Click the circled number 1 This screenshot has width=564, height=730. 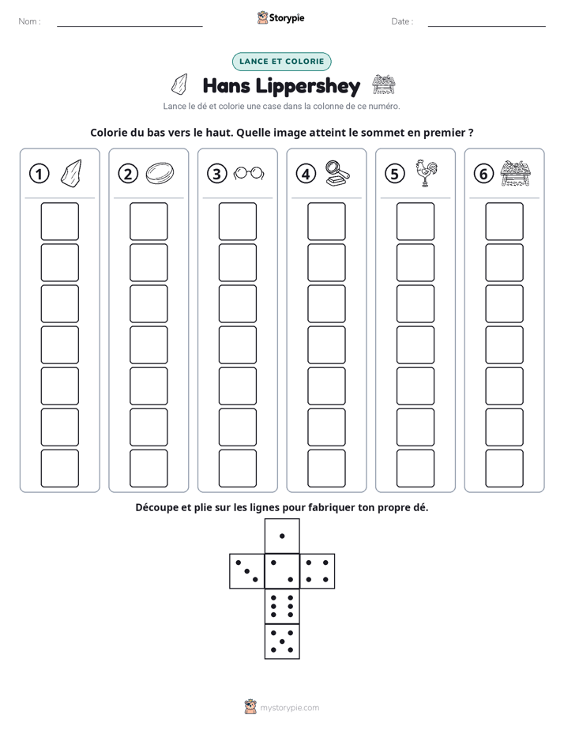coord(39,174)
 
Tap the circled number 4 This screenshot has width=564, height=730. coord(306,174)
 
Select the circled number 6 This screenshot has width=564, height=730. coord(483,174)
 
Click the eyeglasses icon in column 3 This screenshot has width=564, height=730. coord(249,173)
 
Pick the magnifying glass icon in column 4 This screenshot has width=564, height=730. coord(338,173)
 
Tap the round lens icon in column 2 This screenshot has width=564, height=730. coord(160,173)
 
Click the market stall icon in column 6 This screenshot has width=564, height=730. coord(516,173)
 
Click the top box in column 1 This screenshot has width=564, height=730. coord(59,221)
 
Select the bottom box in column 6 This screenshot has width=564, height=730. coord(505,468)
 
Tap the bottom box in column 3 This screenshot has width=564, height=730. coord(237,468)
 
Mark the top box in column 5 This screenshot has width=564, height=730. coord(415,221)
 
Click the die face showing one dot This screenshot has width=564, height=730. coord(282,536)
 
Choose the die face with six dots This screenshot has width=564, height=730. coord(282,606)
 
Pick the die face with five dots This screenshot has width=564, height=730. coord(282,641)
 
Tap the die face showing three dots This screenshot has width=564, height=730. coord(247,570)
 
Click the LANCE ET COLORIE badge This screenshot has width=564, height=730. coord(281,62)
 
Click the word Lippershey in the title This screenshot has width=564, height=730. coord(308,86)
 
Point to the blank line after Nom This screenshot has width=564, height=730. coord(130,26)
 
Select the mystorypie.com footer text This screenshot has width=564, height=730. coord(289,708)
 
